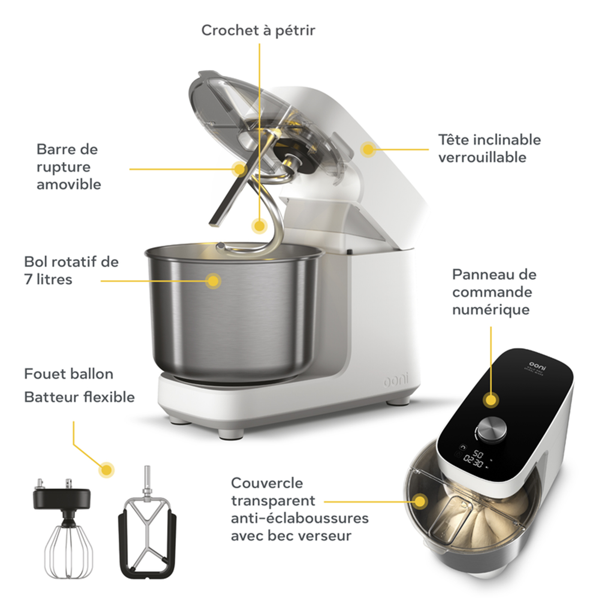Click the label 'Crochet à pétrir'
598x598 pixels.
coord(258,31)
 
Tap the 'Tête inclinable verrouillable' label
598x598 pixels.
coord(489,149)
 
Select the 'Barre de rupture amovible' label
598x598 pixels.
coord(69,166)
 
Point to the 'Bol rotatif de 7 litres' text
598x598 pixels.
coord(71,270)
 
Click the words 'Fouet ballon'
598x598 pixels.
coord(69,374)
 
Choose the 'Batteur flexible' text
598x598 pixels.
coord(79,397)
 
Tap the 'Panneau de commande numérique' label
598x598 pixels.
coord(494,292)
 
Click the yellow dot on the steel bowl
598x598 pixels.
coord(213,281)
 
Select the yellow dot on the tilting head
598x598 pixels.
coord(368,149)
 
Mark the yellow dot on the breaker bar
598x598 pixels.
coord(240,169)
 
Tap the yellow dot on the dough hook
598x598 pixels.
coord(259,226)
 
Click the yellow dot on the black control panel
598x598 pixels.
coord(491,400)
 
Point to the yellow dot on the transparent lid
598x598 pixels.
coord(420,501)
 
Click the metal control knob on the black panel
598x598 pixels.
coord(492,431)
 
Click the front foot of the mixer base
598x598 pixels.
coord(231,434)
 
